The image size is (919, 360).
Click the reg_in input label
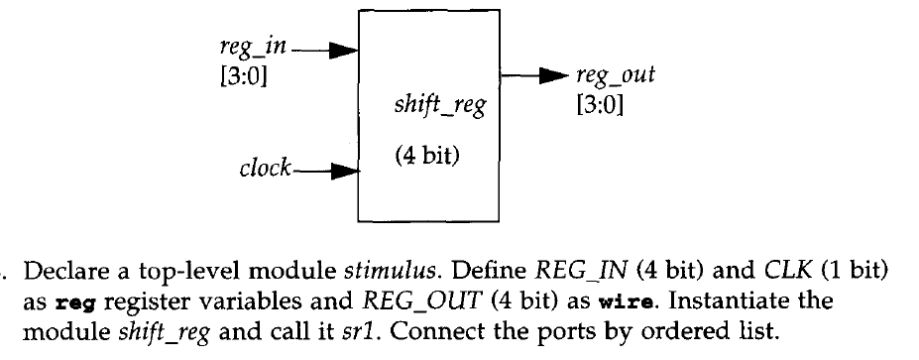(243, 46)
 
